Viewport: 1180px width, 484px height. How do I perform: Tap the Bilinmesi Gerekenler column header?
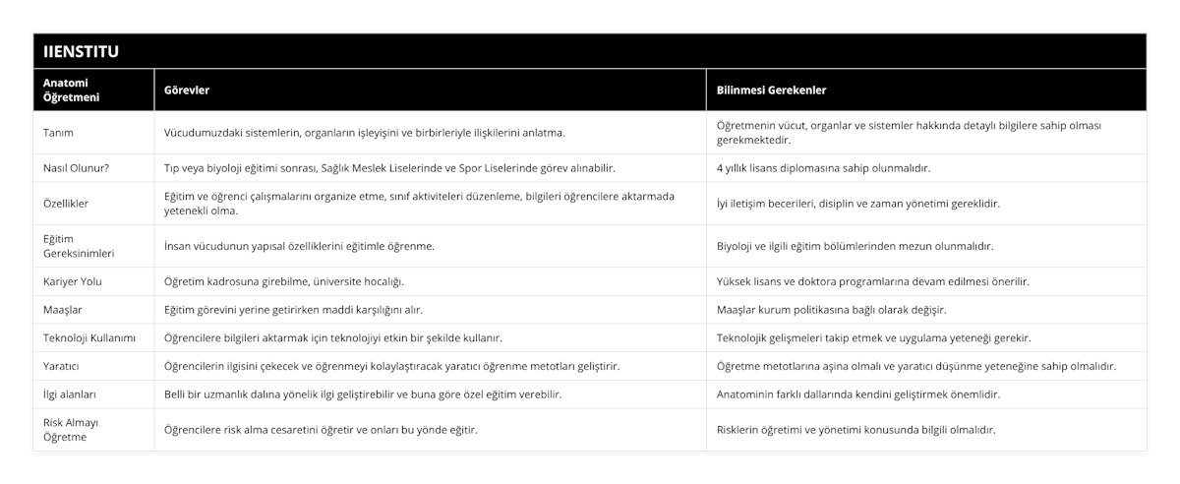point(772,91)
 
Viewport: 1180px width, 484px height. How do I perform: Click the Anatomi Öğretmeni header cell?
point(72,91)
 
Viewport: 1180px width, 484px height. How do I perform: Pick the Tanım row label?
point(59,132)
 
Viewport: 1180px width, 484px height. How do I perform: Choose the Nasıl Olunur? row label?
point(77,168)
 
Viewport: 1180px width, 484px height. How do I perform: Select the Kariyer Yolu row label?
point(73,281)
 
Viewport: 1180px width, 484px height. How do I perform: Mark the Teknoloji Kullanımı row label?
point(89,337)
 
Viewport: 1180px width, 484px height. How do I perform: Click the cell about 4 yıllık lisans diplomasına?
point(823,168)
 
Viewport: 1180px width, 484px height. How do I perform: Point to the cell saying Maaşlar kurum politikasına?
point(832,310)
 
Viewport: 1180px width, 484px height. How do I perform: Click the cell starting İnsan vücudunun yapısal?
point(299,246)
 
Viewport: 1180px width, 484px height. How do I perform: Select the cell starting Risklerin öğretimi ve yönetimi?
point(856,430)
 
